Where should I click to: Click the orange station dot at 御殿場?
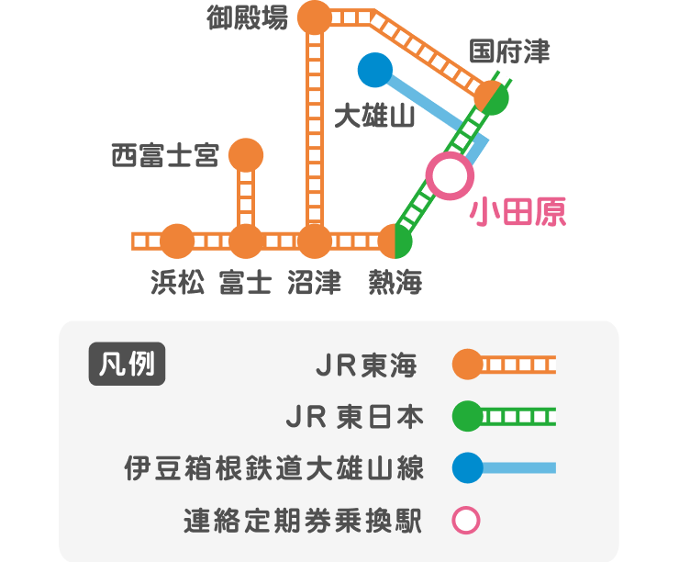click(315, 17)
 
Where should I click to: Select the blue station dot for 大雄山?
click(374, 71)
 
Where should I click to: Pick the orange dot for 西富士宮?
click(245, 155)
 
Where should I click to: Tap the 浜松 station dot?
click(177, 242)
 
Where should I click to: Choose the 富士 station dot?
click(245, 242)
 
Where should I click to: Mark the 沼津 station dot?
click(315, 242)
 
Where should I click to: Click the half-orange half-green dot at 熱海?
click(395, 242)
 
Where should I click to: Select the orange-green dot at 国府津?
click(492, 97)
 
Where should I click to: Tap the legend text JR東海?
click(365, 366)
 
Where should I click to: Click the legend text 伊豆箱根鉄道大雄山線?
click(274, 469)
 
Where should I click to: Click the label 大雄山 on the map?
click(374, 117)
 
